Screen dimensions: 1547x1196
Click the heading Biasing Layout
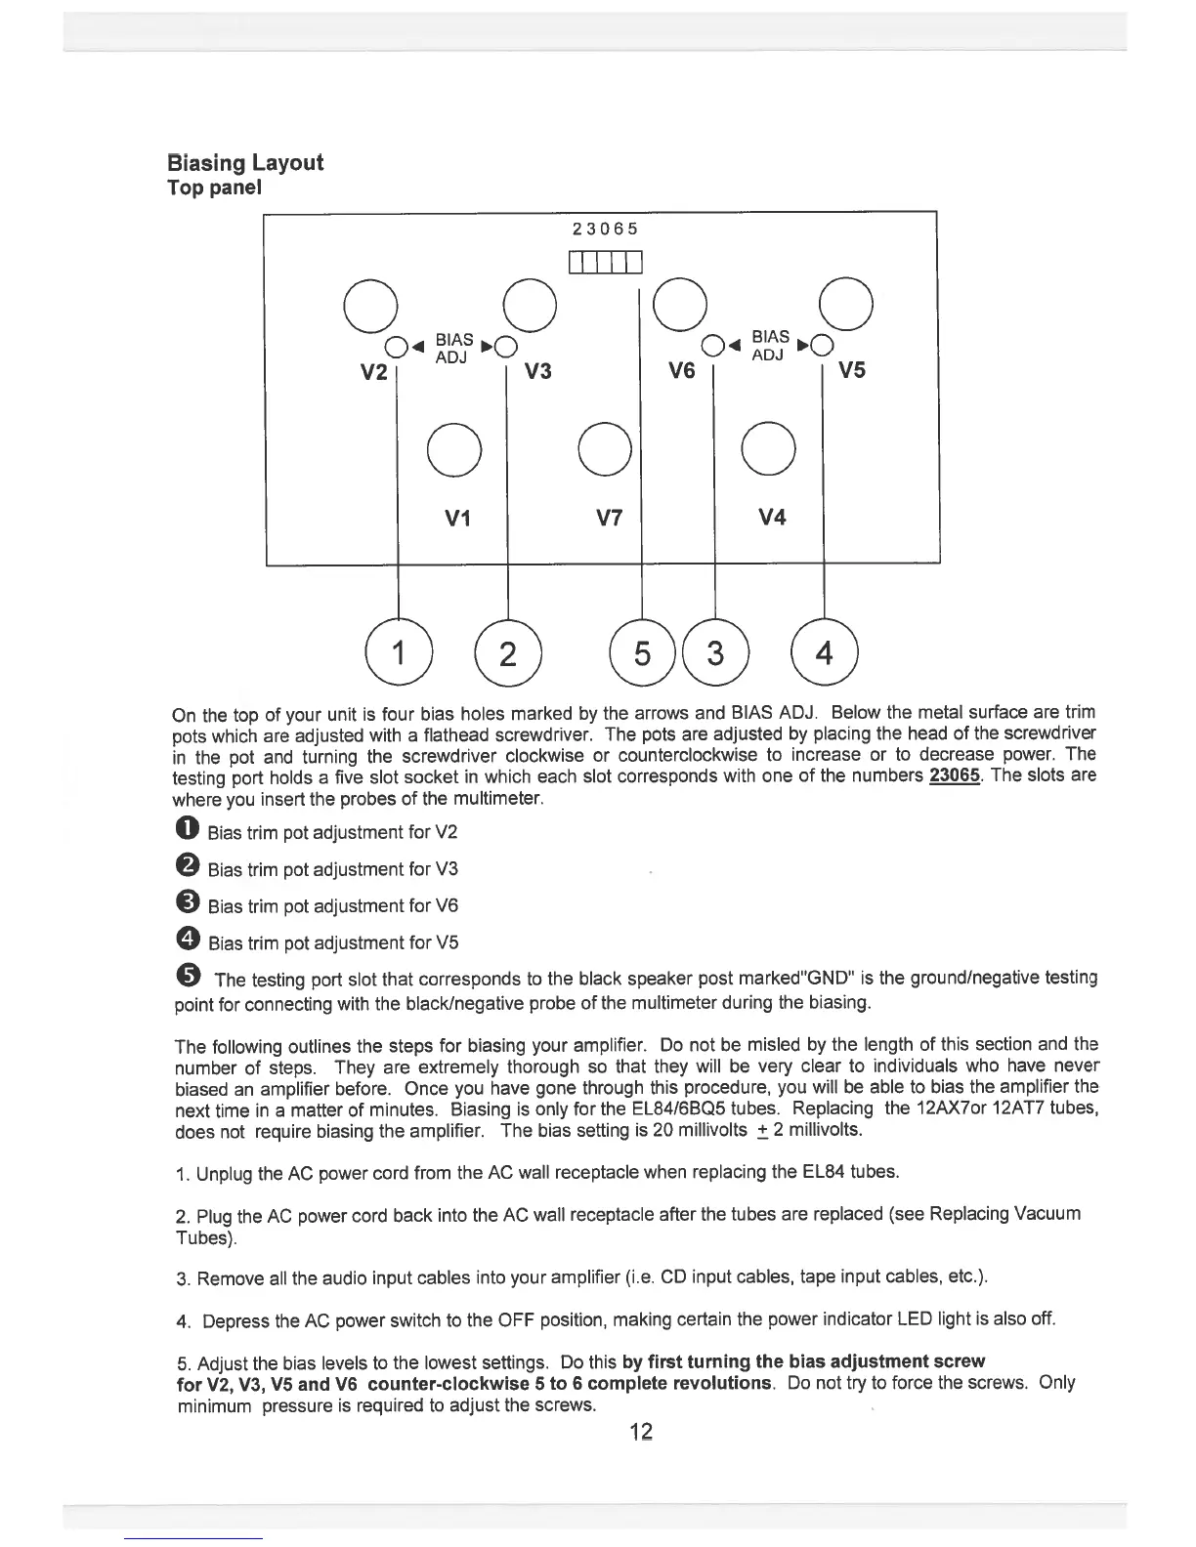[x=244, y=162]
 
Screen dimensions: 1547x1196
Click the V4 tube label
[x=772, y=518]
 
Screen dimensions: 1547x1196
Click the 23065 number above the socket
[x=605, y=229]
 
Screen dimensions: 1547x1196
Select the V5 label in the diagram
[x=852, y=370]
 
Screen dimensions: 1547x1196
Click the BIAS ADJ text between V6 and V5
[x=770, y=346]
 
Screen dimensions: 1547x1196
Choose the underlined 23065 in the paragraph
[x=957, y=776]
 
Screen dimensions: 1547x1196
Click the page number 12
[x=640, y=1433]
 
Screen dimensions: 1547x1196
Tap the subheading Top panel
[x=214, y=188]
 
